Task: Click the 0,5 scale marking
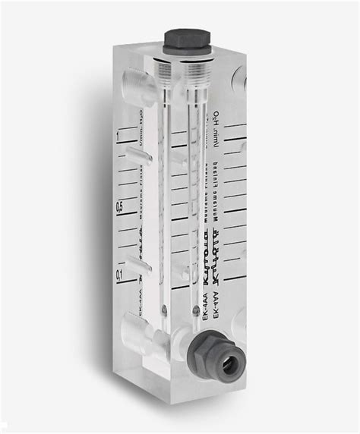[118, 206]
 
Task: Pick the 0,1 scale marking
[119, 274]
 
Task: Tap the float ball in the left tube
[164, 309]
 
